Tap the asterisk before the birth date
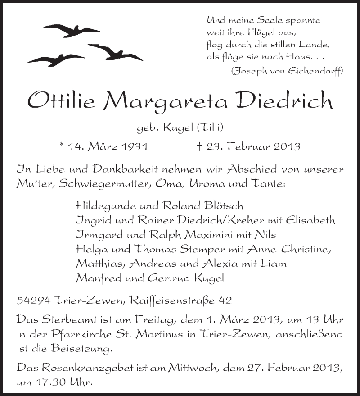coord(62,145)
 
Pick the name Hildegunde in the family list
coord(106,206)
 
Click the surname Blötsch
coord(223,206)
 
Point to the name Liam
coord(274,263)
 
